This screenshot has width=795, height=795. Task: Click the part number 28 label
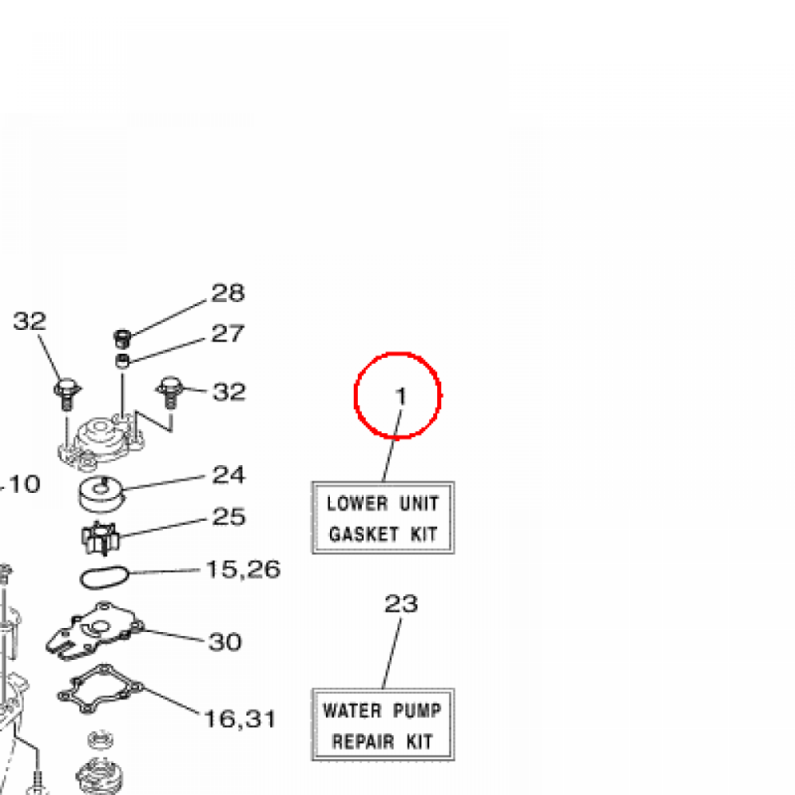[228, 293]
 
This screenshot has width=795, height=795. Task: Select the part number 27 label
[228, 333]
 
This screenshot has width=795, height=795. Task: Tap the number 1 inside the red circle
[401, 397]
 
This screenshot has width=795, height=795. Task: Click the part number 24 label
[229, 474]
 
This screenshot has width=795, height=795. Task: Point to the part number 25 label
[229, 516]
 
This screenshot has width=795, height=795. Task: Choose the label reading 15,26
[243, 569]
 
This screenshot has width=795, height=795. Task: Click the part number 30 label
[225, 642]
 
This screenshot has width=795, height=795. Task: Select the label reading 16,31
[241, 719]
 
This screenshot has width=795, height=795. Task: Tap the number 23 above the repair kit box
[401, 603]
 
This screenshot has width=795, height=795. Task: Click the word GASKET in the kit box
[363, 534]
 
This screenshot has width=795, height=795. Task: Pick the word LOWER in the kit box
[357, 503]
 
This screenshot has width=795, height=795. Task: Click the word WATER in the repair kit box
[352, 711]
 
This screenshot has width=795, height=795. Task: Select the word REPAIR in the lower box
[363, 741]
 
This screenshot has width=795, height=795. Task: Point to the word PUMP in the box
[417, 711]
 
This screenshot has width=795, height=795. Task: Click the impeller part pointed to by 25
[100, 539]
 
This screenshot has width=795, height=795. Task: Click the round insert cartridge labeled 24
[101, 495]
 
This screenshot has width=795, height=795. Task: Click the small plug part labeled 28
[122, 338]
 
